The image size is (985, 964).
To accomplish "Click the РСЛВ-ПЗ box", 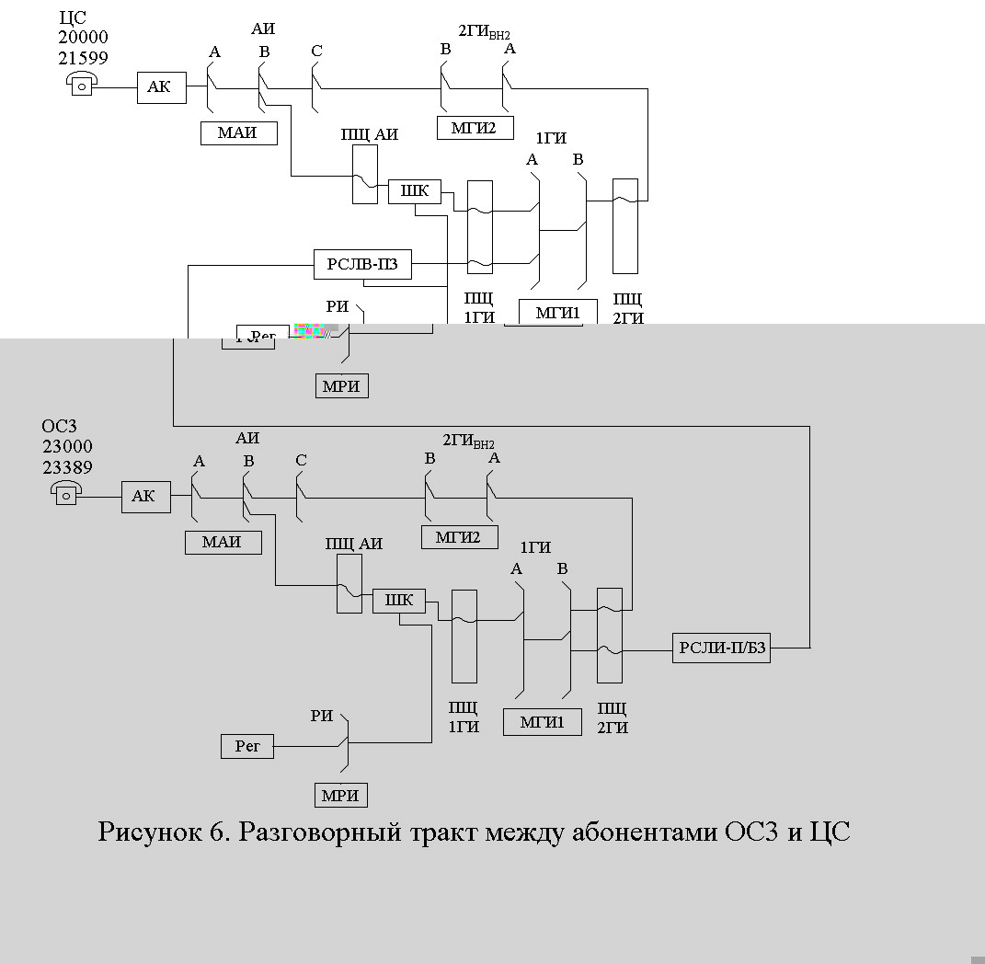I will tap(361, 265).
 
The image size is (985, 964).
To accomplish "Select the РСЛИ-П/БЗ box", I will tap(721, 648).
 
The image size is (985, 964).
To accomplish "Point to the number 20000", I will tap(83, 38).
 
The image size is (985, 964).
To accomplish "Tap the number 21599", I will tap(83, 57).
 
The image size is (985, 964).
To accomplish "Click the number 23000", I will tap(67, 446).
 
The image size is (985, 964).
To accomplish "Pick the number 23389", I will tap(67, 466).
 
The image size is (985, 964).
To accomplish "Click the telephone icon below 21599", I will tap(82, 86).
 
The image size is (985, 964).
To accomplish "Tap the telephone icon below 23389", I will tap(66, 494).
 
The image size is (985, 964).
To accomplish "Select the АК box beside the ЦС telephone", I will tap(161, 87).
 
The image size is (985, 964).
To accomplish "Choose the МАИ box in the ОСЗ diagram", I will tap(223, 542).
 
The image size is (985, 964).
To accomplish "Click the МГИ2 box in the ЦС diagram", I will tap(475, 128).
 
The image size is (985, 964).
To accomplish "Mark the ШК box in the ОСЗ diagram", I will tap(399, 602).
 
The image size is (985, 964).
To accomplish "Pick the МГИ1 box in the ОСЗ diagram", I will tap(543, 722).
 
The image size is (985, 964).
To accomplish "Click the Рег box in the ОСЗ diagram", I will tap(247, 746).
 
